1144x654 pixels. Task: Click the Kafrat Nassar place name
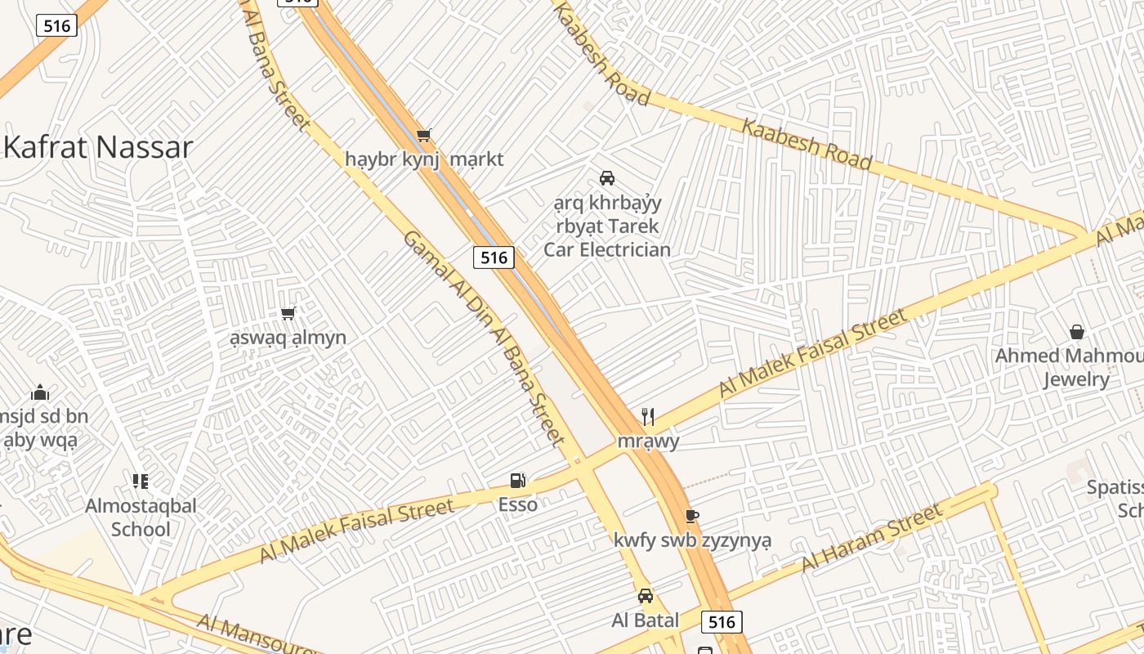click(x=99, y=147)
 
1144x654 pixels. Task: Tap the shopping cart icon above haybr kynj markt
click(x=423, y=136)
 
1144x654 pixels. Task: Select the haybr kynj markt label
click(x=424, y=159)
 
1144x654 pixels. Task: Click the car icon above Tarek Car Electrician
click(x=606, y=177)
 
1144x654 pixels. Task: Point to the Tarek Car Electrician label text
click(x=607, y=226)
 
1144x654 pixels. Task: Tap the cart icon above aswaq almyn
click(x=288, y=313)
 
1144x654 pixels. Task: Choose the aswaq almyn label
click(x=288, y=337)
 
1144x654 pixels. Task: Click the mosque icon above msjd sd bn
click(x=40, y=393)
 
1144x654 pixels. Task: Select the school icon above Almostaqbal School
click(x=141, y=482)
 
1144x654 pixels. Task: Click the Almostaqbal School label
click(x=141, y=517)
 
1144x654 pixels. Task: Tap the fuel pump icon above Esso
click(x=517, y=481)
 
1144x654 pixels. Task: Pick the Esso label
click(x=518, y=504)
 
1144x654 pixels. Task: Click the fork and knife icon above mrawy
click(x=648, y=417)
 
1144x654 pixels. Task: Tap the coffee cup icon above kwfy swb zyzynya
click(x=691, y=516)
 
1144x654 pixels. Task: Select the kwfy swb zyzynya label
click(x=692, y=540)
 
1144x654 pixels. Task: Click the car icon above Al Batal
click(x=646, y=596)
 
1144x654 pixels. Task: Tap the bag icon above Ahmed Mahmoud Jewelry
click(x=1077, y=332)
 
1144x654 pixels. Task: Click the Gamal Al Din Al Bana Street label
click(x=484, y=337)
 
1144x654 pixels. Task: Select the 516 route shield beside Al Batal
click(x=722, y=622)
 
